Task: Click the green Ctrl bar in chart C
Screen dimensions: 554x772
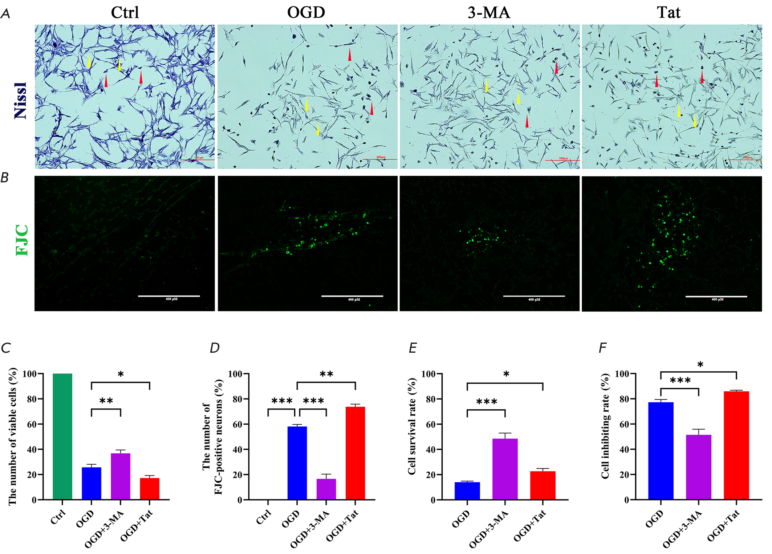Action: [62, 436]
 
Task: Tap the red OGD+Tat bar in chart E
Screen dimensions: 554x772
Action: [543, 485]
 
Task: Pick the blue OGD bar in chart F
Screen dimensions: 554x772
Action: [661, 450]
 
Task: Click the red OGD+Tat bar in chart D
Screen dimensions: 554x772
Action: [355, 453]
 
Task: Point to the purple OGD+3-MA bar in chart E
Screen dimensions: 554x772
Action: [505, 469]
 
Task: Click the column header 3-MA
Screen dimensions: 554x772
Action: [489, 13]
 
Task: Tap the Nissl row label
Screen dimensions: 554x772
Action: [21, 100]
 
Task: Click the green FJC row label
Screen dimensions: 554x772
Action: [22, 240]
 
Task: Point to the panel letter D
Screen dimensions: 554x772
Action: [215, 348]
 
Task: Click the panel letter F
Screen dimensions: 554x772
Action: [602, 348]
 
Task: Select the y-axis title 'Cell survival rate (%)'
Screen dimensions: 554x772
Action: [411, 426]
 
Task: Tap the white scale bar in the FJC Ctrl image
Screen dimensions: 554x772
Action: [169, 296]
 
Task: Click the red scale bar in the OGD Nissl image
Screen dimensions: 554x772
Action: [380, 159]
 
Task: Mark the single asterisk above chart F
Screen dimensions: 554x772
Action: [700, 364]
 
